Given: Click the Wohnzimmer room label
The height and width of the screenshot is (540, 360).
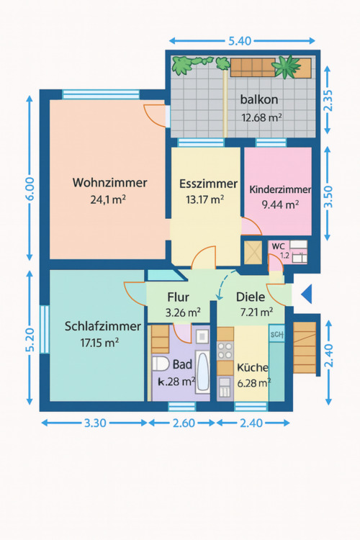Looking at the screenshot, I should point(109,183).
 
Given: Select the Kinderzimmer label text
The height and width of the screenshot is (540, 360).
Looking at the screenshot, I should point(280,190).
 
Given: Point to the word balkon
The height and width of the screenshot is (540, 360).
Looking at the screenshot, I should point(260,100).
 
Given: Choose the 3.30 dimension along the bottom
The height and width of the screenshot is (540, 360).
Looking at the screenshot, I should point(94,423).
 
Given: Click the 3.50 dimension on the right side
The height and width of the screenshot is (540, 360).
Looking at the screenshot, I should point(329,194).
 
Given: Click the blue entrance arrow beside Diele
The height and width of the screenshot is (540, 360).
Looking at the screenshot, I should point(306,294).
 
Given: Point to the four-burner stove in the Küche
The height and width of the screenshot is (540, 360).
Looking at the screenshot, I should point(226,351).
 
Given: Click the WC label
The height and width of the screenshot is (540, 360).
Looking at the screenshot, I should point(278,246).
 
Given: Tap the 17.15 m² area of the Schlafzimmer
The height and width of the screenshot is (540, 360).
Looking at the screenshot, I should point(99,343).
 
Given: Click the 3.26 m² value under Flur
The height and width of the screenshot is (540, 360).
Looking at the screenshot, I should point(177,312).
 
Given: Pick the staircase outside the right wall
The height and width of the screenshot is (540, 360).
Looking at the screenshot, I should point(305,348).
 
